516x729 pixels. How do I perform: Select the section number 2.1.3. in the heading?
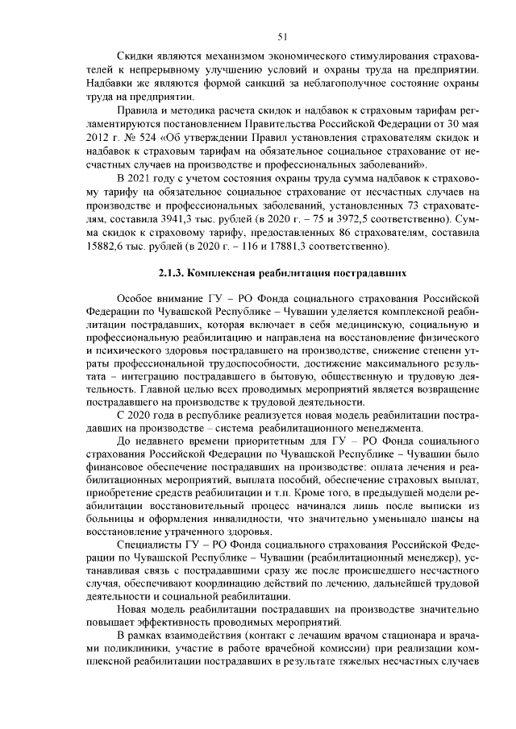coord(173,274)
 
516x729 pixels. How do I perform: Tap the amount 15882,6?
coord(106,245)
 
